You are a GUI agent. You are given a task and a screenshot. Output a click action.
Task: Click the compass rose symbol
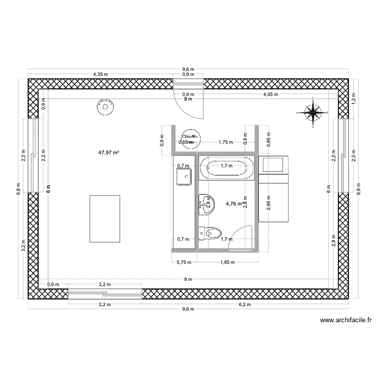tap(314, 112)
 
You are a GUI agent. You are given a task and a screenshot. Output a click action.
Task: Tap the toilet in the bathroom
tap(210, 233)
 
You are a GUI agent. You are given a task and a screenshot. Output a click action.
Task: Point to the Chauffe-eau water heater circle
tap(190, 138)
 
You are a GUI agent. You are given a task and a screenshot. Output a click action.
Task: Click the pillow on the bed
tap(274, 164)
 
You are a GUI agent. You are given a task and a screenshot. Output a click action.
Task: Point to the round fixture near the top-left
tap(106, 107)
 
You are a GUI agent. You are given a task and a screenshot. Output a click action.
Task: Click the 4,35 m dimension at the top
tap(101, 74)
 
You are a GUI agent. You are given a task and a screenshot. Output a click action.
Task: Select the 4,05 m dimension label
tap(271, 94)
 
